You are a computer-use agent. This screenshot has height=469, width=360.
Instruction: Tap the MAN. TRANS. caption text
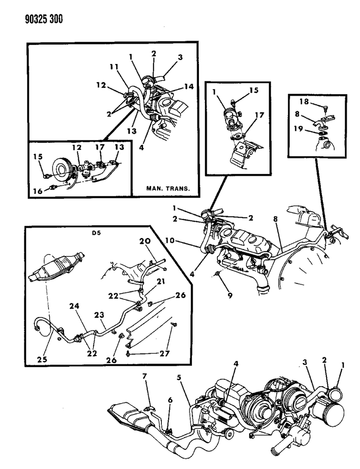pyautogui.click(x=168, y=188)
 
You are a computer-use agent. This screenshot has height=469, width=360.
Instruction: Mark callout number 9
pyautogui.click(x=230, y=295)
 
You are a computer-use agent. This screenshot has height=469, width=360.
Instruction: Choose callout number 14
pyautogui.click(x=189, y=87)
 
